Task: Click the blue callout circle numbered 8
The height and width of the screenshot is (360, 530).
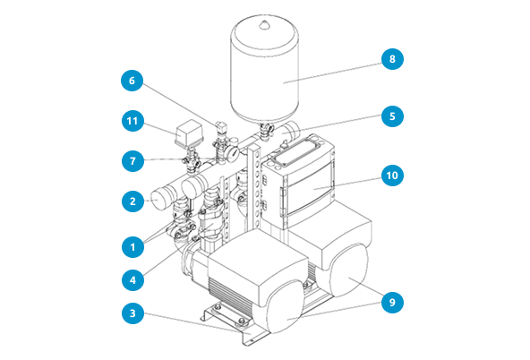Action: tap(392, 59)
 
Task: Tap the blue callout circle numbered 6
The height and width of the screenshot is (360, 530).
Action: tap(132, 80)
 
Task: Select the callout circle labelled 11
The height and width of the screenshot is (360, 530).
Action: tap(132, 121)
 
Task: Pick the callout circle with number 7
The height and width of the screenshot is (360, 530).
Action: tap(132, 160)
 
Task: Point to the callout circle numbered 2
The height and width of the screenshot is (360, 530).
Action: tap(132, 201)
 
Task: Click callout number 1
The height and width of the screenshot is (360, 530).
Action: tap(132, 247)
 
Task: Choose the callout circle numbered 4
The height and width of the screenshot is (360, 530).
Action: tap(132, 280)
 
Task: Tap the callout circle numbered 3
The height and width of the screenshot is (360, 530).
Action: tap(132, 313)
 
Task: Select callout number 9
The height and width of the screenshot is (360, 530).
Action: tap(392, 302)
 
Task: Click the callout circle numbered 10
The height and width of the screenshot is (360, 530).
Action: tap(392, 176)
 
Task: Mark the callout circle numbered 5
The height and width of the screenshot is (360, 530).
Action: tap(392, 116)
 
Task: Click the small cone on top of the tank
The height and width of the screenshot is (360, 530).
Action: tap(264, 24)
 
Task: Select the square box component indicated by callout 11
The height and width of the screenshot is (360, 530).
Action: tap(189, 133)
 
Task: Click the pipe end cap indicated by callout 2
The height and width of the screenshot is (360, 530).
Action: tap(159, 201)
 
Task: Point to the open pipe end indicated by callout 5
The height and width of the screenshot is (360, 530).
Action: tap(291, 130)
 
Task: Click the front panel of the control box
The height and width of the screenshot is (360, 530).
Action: tap(308, 191)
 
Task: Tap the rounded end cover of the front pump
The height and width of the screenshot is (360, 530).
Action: tap(285, 306)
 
